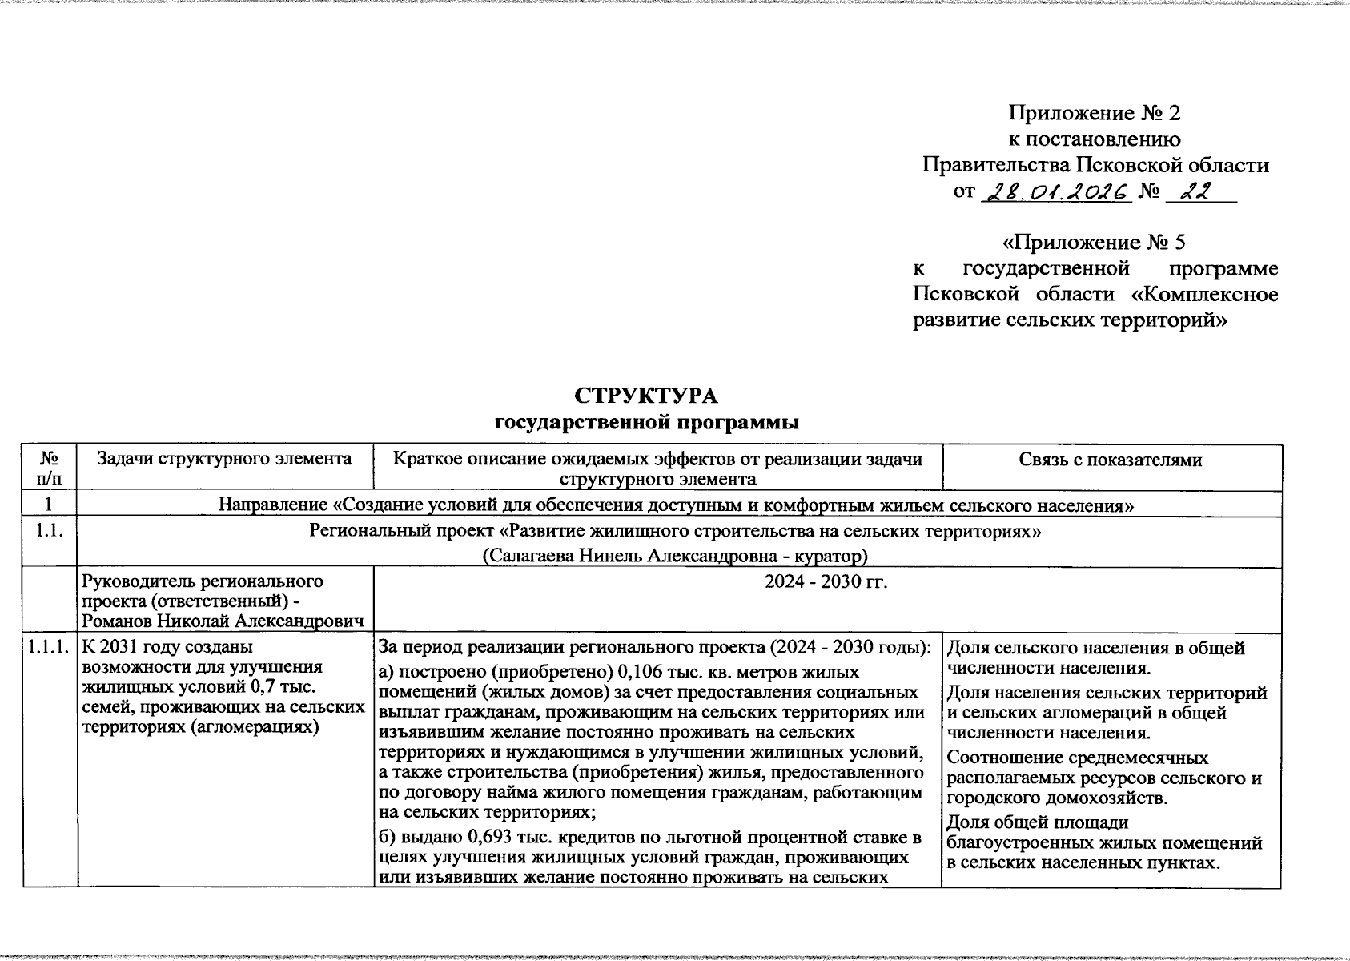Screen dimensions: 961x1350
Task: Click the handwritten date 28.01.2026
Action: (1055, 191)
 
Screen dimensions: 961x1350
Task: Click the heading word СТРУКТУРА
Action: (646, 396)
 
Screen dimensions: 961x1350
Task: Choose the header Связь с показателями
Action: (1111, 460)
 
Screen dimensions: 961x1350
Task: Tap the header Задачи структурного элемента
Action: (224, 459)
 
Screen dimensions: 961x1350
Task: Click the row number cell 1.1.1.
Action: (50, 647)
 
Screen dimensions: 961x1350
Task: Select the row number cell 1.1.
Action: (50, 531)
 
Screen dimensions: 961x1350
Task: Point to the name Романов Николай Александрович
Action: (224, 621)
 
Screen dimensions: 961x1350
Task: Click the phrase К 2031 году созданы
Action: (167, 647)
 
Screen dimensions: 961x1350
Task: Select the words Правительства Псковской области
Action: (1095, 166)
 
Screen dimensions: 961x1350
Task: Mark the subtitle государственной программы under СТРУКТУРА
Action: (647, 421)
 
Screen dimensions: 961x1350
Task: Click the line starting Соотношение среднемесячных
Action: (1077, 758)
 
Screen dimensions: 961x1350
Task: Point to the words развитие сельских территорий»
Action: (1071, 320)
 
